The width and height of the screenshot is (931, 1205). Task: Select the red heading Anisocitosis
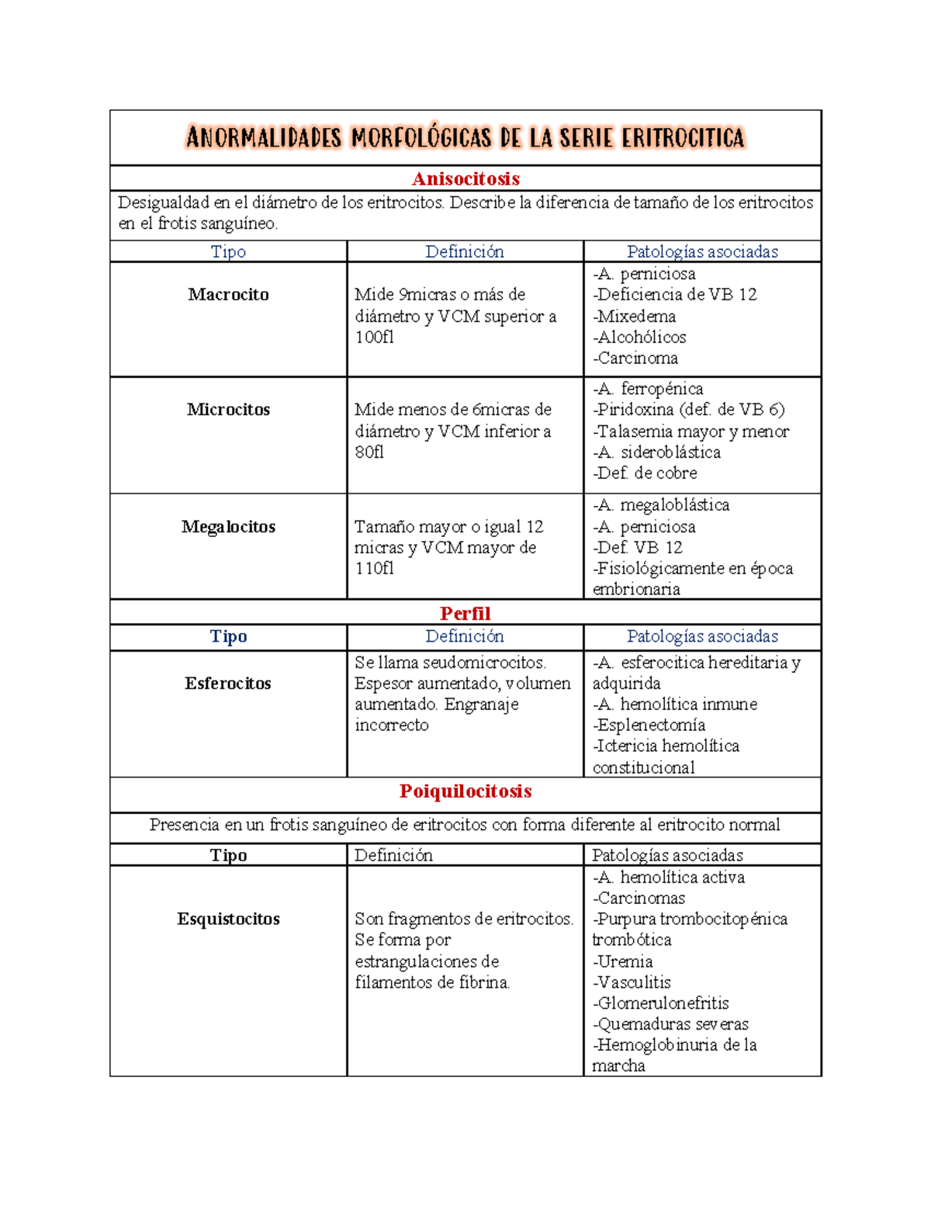pos(465,178)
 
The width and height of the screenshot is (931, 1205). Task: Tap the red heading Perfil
pos(465,613)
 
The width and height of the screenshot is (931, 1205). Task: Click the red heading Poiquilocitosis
pos(465,791)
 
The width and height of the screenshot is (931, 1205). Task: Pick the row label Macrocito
pos(228,294)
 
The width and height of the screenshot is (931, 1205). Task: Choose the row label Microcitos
pos(228,409)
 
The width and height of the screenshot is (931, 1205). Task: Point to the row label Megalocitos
pos(228,526)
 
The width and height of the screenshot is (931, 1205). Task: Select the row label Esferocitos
pos(228,683)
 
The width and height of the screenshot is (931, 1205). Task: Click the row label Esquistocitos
pos(228,919)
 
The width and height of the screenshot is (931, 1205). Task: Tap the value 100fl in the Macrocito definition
pos(374,337)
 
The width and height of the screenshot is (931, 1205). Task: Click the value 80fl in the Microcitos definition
pos(369,452)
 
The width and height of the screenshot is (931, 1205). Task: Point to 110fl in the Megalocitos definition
pos(374,568)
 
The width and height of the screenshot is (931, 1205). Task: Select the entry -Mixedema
pos(634,316)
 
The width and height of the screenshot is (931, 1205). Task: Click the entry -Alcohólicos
pos(639,337)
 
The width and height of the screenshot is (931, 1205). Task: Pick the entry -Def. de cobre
pos(645,473)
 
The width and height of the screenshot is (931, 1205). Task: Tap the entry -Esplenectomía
pos(649,725)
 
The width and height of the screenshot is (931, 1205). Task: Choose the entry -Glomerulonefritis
pos(660,1002)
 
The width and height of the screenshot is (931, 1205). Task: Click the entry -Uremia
pos(622,961)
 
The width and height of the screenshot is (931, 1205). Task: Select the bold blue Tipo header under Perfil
pos(228,636)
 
